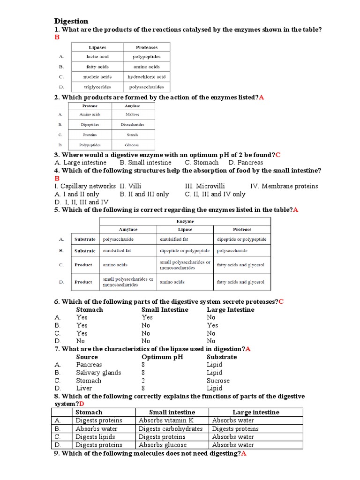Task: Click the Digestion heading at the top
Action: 71,21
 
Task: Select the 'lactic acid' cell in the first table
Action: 97,57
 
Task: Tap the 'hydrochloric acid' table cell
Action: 147,77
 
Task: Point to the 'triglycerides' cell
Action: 97,87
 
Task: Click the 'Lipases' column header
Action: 97,47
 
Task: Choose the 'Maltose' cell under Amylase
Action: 132,114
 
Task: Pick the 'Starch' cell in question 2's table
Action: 132,135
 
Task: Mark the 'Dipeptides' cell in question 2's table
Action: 90,125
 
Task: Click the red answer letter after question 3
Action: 278,155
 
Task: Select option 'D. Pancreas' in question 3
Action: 246,163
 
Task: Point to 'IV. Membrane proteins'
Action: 284,186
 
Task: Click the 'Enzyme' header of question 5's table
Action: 185,221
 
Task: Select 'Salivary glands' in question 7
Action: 98,373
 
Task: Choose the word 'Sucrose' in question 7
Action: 218,381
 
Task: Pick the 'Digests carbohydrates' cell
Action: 171,429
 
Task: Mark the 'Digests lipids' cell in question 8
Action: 96,437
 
